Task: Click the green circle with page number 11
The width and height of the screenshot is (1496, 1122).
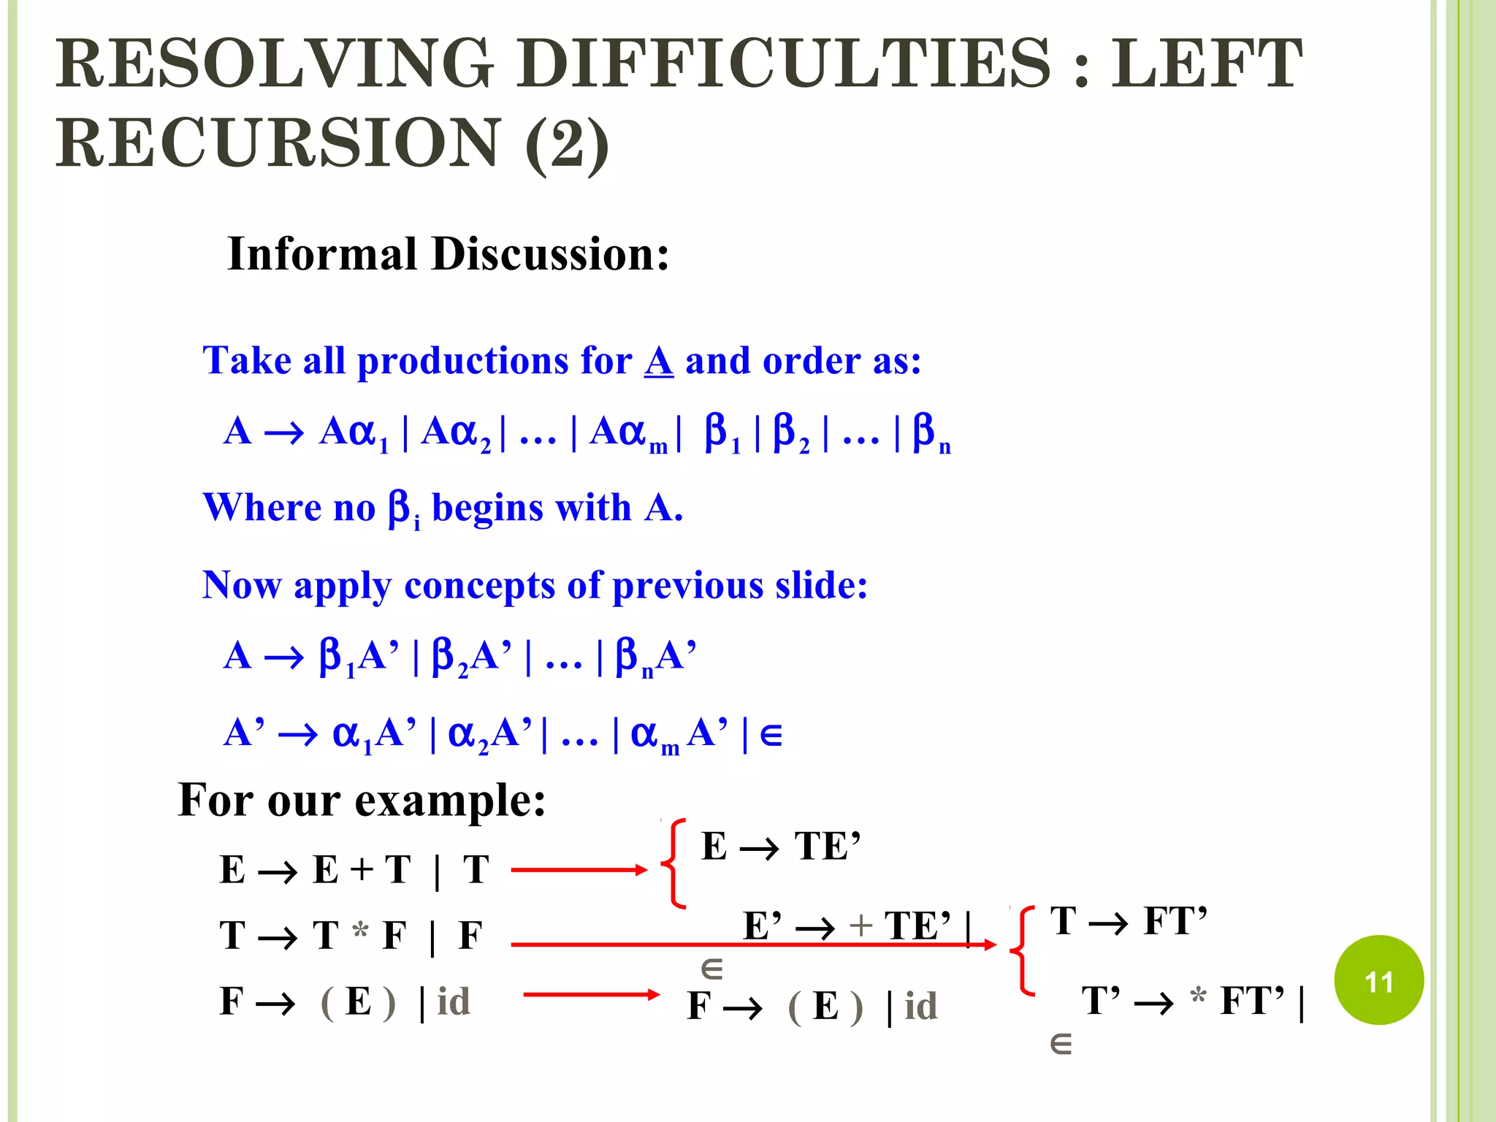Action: click(x=1378, y=980)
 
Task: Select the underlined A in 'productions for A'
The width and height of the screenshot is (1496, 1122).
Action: click(x=658, y=361)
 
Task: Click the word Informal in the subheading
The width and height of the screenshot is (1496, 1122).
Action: click(x=322, y=254)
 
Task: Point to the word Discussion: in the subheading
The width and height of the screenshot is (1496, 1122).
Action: click(x=550, y=254)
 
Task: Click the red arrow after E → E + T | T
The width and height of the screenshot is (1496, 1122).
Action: click(x=579, y=869)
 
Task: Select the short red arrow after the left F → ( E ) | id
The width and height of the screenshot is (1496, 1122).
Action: click(x=591, y=994)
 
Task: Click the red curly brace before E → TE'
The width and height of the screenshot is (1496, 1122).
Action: click(x=673, y=863)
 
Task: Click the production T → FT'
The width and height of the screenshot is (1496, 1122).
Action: click(x=1128, y=921)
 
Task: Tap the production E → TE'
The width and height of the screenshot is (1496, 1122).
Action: click(x=780, y=847)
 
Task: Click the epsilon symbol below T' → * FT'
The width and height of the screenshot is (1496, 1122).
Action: click(x=1061, y=1045)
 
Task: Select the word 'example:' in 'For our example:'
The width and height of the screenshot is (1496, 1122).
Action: click(x=450, y=801)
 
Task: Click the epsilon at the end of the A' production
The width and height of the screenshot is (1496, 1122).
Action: click(x=771, y=735)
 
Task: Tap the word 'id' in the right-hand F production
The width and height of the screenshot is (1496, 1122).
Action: click(x=920, y=1007)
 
